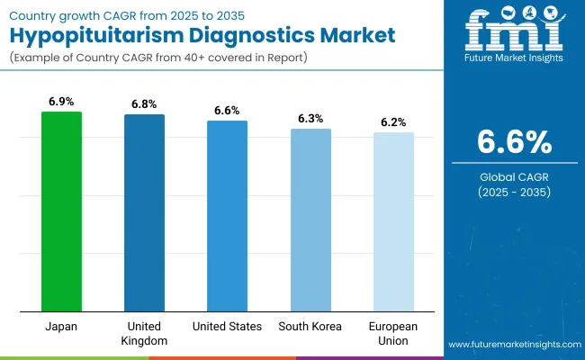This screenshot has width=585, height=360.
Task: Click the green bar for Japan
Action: [62, 211]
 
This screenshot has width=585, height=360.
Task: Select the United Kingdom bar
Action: [144, 213]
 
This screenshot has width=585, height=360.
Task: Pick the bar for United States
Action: [227, 216]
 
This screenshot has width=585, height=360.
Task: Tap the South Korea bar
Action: [310, 220]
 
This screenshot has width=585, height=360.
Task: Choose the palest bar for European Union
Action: [393, 222]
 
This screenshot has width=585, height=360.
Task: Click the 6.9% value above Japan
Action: [62, 102]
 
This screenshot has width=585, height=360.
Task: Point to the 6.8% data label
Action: [144, 104]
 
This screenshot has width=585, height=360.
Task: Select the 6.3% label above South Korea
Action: [310, 119]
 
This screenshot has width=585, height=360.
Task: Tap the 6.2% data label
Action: [393, 122]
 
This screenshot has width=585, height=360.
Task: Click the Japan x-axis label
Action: [62, 326]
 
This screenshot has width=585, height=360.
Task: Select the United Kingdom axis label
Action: [144, 332]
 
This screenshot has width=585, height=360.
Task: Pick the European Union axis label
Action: [393, 332]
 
